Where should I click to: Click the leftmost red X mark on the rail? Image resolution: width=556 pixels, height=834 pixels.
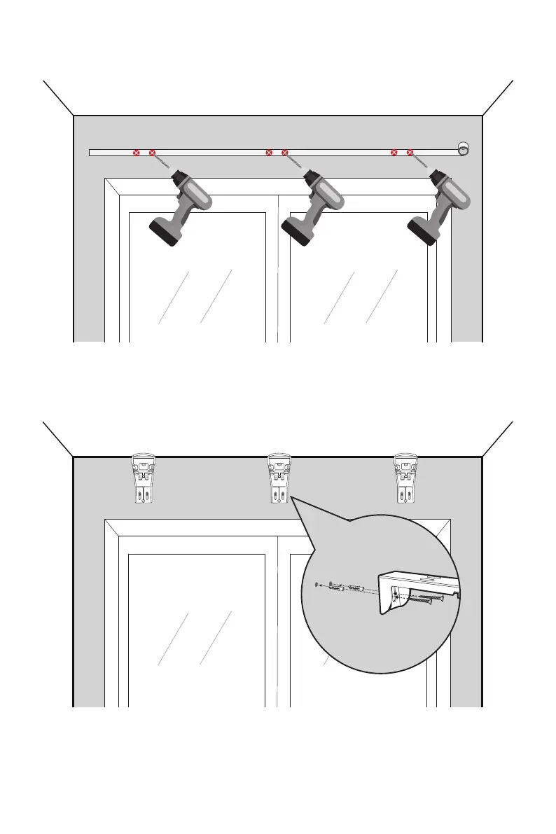tap(137, 152)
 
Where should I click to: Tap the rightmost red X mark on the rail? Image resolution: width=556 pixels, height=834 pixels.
tap(410, 152)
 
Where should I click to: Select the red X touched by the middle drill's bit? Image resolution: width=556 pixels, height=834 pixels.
tap(284, 152)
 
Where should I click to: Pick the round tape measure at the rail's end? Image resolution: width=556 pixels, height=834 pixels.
tap(462, 148)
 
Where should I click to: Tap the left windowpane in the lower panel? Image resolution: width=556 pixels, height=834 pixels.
tap(197, 630)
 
